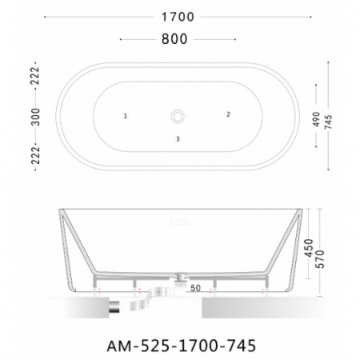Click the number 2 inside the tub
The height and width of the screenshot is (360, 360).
[x=228, y=115]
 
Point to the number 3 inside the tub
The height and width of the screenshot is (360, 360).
[x=177, y=139]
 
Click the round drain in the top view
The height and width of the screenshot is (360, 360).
[x=177, y=117]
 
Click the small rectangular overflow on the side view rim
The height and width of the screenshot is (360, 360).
[x=177, y=214]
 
